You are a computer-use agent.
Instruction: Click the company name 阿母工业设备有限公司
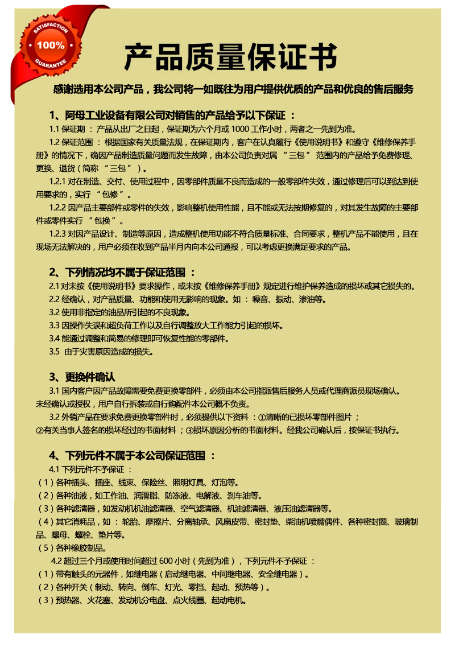click(114, 116)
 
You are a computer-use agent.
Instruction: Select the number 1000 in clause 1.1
click(242, 129)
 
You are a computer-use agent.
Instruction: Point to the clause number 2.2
click(55, 299)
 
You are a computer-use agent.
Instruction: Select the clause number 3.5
click(55, 352)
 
